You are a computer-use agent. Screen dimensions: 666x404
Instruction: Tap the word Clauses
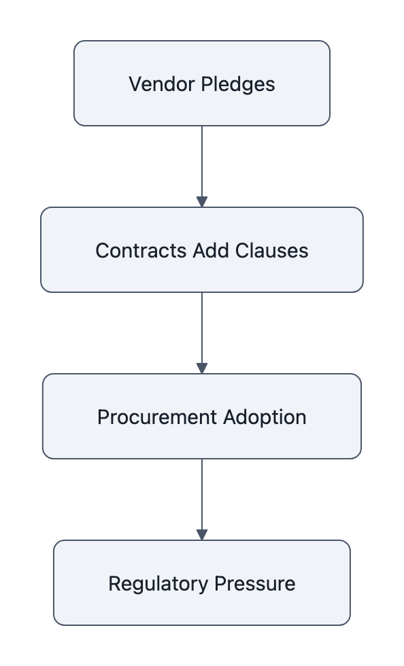point(271,250)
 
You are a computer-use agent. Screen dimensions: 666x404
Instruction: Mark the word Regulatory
point(159,583)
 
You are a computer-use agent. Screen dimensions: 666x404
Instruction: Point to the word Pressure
point(255,583)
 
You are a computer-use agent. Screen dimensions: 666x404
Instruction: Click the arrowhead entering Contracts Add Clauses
point(201,202)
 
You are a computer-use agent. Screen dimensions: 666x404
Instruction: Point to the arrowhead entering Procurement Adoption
point(201,368)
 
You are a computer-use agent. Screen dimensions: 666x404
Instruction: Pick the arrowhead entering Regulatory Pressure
point(201,535)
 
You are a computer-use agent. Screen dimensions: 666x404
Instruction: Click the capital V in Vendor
point(135,84)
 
